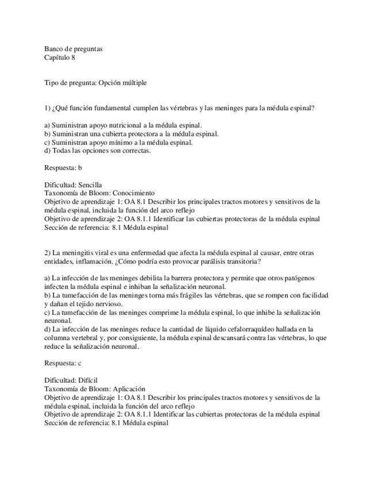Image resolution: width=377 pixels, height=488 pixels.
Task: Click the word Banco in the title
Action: click(x=54, y=49)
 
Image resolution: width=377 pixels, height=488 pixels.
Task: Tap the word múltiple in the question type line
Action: click(x=134, y=83)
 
